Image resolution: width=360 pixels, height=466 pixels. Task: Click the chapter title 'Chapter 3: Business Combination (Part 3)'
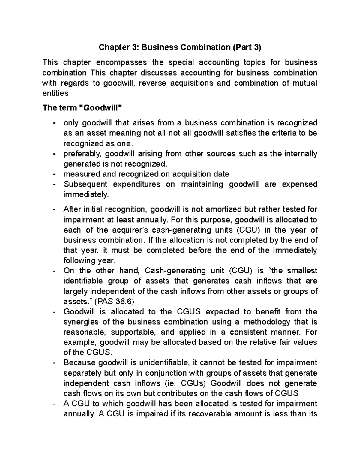[x=180, y=47]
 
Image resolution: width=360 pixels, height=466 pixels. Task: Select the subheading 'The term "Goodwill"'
[x=82, y=108]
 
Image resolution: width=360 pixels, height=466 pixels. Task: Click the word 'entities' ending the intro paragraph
[x=55, y=93]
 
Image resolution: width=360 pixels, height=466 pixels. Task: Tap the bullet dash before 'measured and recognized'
[x=54, y=174]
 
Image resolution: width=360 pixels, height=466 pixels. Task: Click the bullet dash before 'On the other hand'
[x=54, y=271]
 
